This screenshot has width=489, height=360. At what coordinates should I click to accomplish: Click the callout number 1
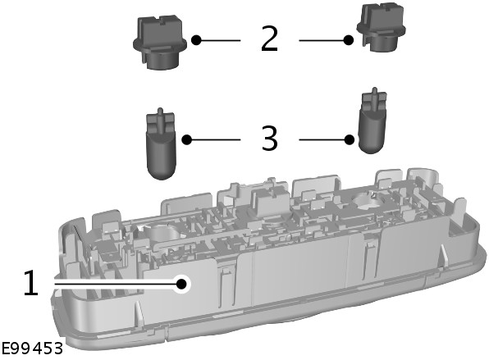[31, 283]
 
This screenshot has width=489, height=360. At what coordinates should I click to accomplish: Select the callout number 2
[269, 39]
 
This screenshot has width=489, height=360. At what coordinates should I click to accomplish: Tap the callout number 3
[269, 139]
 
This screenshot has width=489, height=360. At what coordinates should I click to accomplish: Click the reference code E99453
[31, 349]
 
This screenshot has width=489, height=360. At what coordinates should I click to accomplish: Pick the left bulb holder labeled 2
[160, 42]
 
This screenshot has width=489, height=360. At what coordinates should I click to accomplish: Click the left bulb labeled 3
[161, 144]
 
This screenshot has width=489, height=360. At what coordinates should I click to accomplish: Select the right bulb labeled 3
[372, 121]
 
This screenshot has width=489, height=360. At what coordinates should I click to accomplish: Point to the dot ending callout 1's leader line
[181, 284]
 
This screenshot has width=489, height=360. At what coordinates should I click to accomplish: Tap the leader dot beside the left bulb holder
[196, 40]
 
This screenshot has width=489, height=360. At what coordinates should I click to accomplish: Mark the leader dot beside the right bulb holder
[349, 40]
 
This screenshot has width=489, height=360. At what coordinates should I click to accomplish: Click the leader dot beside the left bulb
[187, 139]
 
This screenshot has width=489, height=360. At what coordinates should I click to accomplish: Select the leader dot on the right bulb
[350, 139]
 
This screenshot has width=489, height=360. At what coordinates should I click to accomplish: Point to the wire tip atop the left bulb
[160, 110]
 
